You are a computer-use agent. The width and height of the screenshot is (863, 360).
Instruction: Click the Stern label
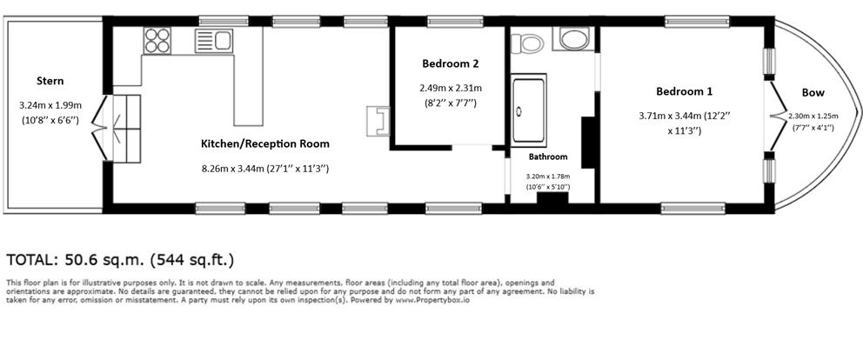50,81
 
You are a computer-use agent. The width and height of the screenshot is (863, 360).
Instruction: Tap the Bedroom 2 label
450,63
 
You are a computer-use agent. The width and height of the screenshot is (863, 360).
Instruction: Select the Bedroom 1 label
684,91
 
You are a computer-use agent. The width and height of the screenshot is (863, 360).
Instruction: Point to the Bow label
813,93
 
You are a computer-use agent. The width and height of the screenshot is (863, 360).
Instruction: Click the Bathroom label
548,157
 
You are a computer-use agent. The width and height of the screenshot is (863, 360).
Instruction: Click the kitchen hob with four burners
157,40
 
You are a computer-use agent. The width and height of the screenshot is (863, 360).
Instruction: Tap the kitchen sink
213,40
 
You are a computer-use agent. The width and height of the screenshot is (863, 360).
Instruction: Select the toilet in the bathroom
526,41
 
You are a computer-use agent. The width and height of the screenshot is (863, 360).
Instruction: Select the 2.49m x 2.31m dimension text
450,88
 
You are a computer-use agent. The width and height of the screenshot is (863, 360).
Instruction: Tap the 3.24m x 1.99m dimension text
50,105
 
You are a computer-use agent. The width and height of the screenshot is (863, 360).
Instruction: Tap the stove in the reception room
378,120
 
